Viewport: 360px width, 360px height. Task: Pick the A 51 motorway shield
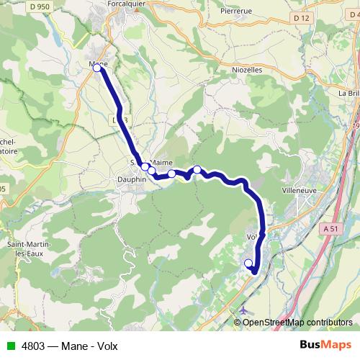click(x=330, y=228)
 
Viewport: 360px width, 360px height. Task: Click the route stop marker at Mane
click(x=96, y=68)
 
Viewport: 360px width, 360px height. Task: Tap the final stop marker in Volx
click(x=249, y=263)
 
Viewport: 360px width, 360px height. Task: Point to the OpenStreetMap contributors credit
click(x=297, y=322)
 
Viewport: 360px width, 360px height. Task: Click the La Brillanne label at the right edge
click(x=348, y=94)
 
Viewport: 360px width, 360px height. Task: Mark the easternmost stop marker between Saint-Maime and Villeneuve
click(x=197, y=169)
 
